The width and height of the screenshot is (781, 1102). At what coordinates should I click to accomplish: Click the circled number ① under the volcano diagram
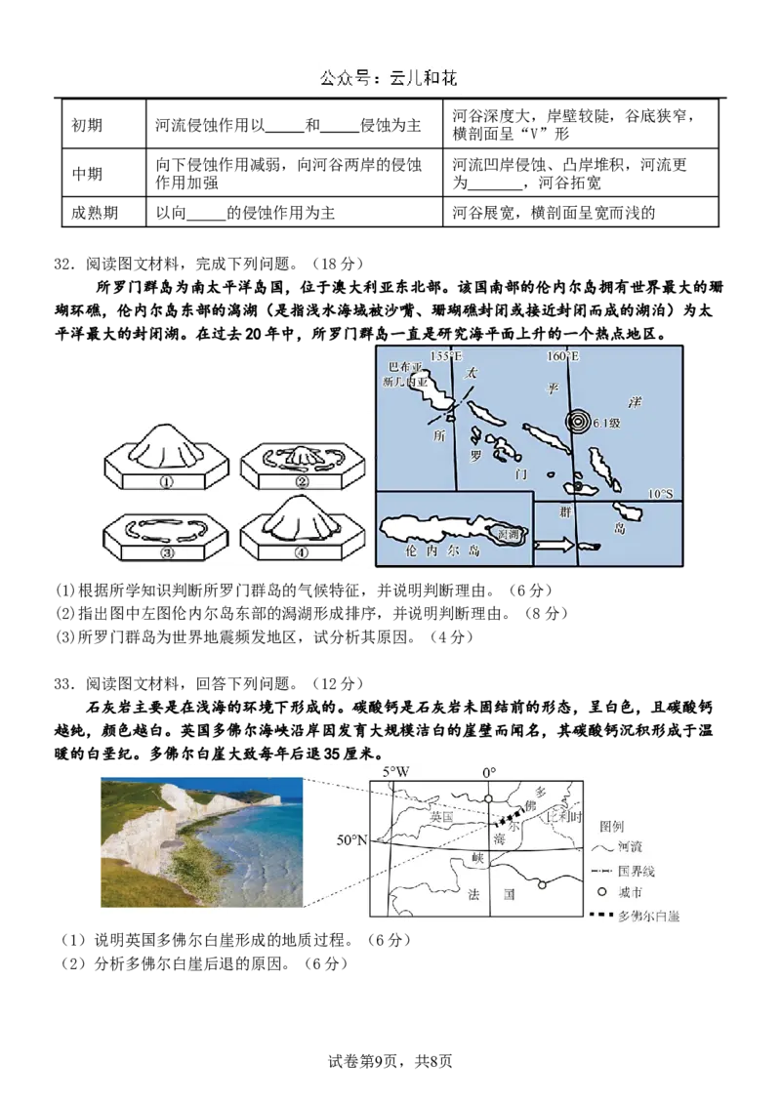tap(165, 481)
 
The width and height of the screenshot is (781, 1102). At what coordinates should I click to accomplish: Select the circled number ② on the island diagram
tap(302, 481)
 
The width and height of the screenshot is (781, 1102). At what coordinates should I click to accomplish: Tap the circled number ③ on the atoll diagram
tap(165, 550)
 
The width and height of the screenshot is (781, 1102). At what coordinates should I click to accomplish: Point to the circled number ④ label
tap(302, 550)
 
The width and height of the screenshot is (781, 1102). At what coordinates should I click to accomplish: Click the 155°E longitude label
tap(445, 357)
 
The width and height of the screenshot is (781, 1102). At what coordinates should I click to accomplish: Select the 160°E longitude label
tap(563, 357)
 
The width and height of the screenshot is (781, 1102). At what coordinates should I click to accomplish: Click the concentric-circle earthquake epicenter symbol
tap(577, 423)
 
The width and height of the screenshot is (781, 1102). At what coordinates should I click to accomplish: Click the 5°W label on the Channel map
tap(395, 771)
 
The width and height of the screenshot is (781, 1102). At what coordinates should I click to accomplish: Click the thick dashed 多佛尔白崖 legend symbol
tap(600, 917)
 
